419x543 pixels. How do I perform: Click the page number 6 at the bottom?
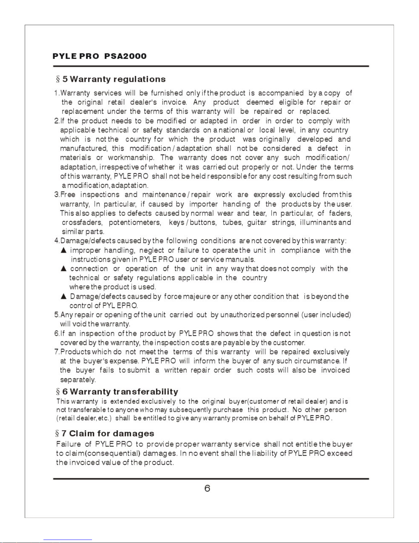(207, 488)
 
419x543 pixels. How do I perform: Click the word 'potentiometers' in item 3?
(135, 223)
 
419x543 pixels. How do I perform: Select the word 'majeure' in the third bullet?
(197, 296)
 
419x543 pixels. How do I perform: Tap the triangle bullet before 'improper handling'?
(63, 250)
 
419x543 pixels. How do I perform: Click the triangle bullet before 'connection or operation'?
(63, 269)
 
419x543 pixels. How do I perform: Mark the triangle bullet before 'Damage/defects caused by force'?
(63, 296)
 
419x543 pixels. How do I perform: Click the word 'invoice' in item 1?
(174, 102)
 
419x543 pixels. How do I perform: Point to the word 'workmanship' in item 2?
(131, 158)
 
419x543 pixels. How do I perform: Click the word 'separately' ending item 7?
(78, 380)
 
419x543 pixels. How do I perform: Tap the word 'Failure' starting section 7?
(68, 445)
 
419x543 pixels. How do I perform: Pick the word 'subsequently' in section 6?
(190, 410)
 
